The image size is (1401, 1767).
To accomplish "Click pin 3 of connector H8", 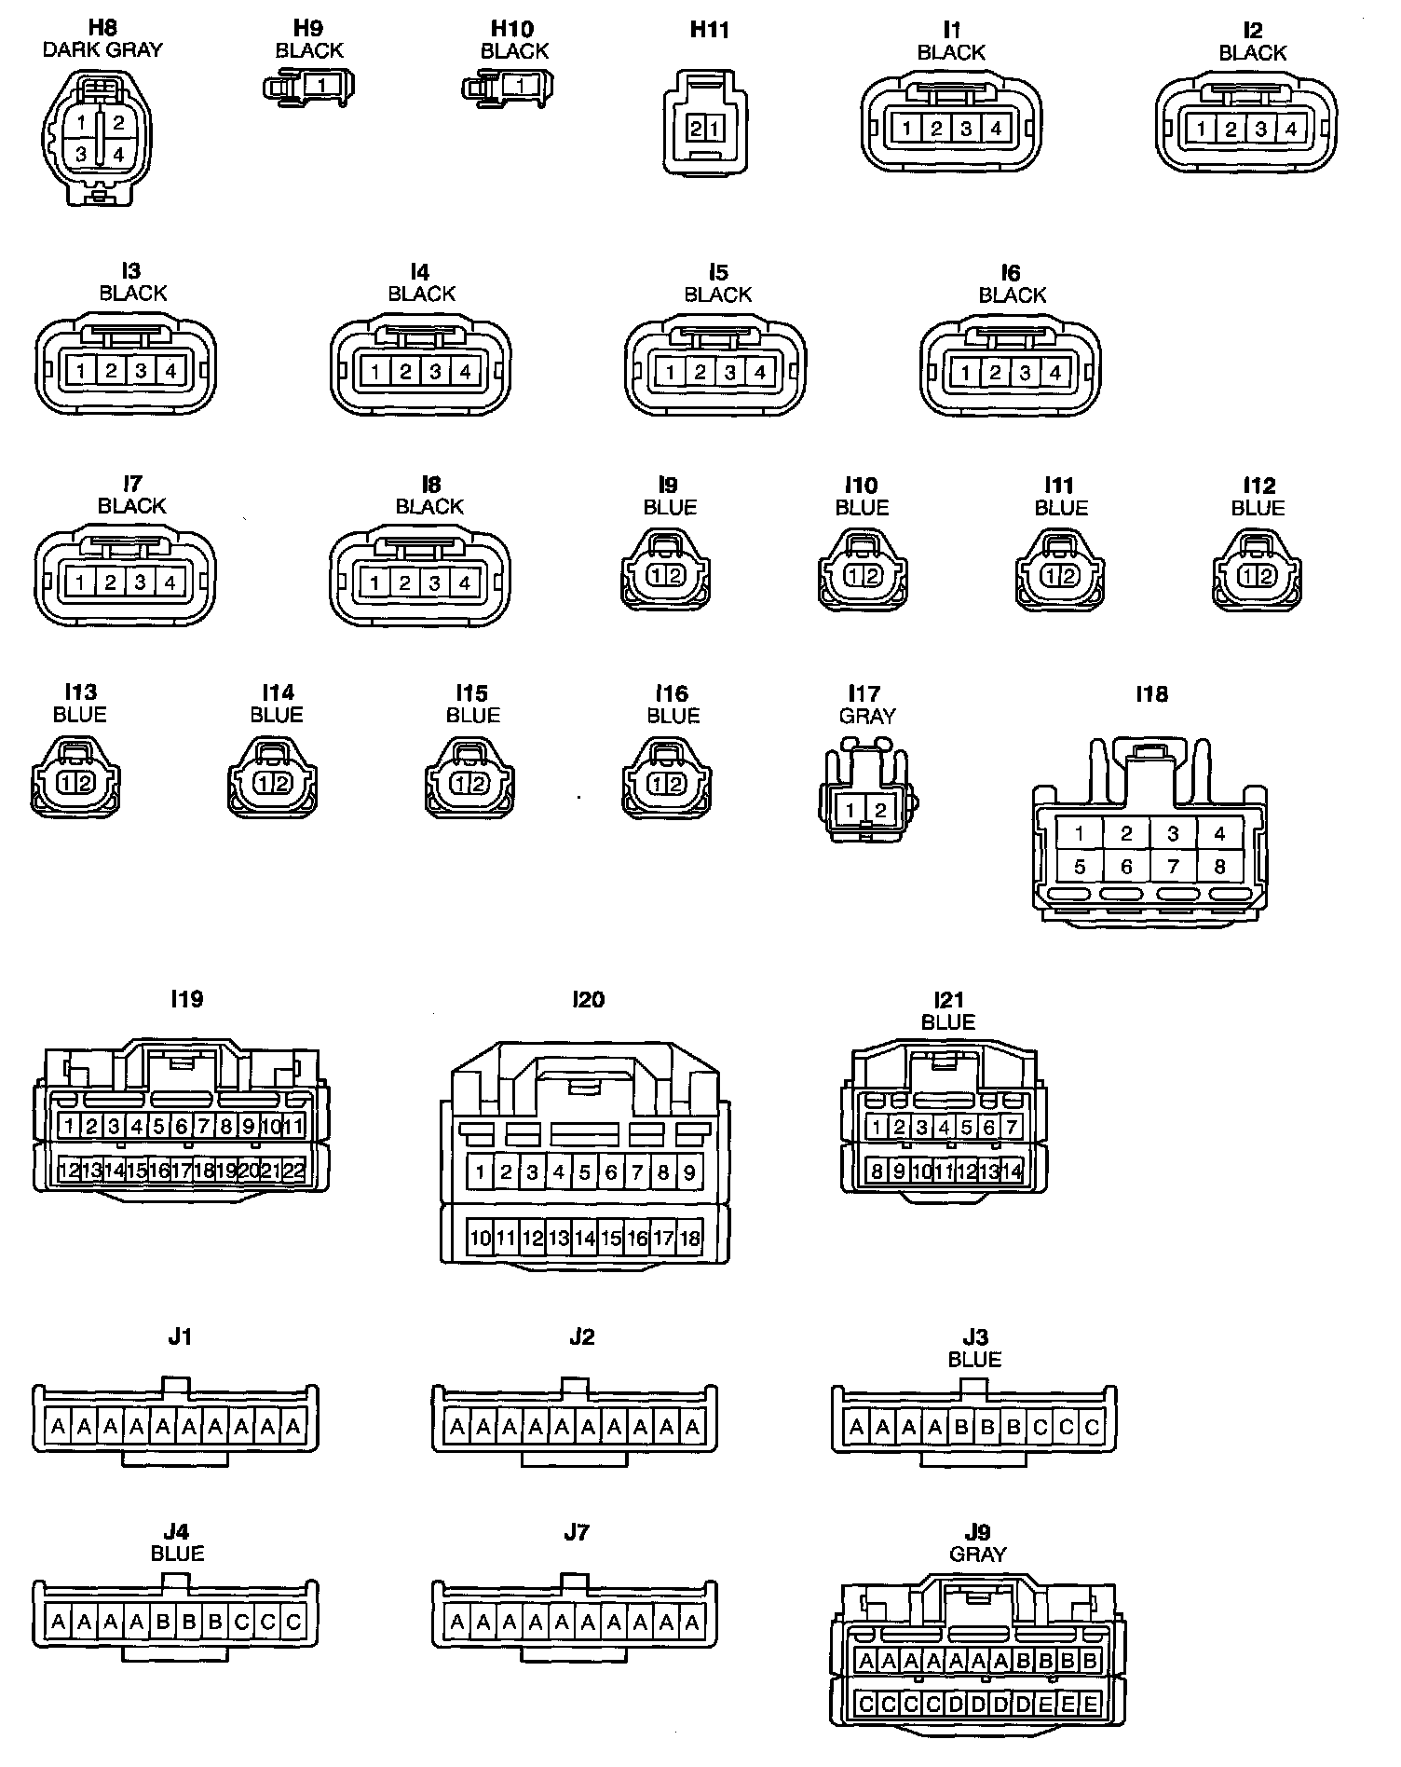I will (82, 155).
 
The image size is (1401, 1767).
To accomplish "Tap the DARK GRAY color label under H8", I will (102, 50).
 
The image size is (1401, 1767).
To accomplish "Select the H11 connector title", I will (709, 30).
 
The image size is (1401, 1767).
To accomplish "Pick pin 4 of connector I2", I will (1290, 130).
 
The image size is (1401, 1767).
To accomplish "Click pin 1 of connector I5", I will (670, 373).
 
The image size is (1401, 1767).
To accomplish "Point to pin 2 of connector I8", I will (404, 583).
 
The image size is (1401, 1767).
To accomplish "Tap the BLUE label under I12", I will (1258, 508).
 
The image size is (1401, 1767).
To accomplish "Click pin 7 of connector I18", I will (1173, 867).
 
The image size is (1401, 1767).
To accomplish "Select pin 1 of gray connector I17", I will (850, 811).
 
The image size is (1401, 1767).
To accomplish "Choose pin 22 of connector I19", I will (293, 1171).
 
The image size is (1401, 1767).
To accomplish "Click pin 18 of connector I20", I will (690, 1239).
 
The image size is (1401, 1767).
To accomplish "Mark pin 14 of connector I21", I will (1012, 1171).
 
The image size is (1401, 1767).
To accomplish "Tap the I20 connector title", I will (589, 999).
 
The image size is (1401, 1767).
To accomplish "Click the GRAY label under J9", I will (977, 1555).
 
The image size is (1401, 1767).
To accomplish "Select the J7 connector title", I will (576, 1532).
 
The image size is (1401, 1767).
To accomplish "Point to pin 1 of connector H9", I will (321, 87).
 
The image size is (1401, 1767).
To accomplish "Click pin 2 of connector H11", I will (697, 130).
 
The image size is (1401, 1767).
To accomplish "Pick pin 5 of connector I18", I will (1080, 867).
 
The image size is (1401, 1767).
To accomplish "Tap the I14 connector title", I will (278, 692).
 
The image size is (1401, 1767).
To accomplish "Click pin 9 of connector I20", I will (690, 1172).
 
